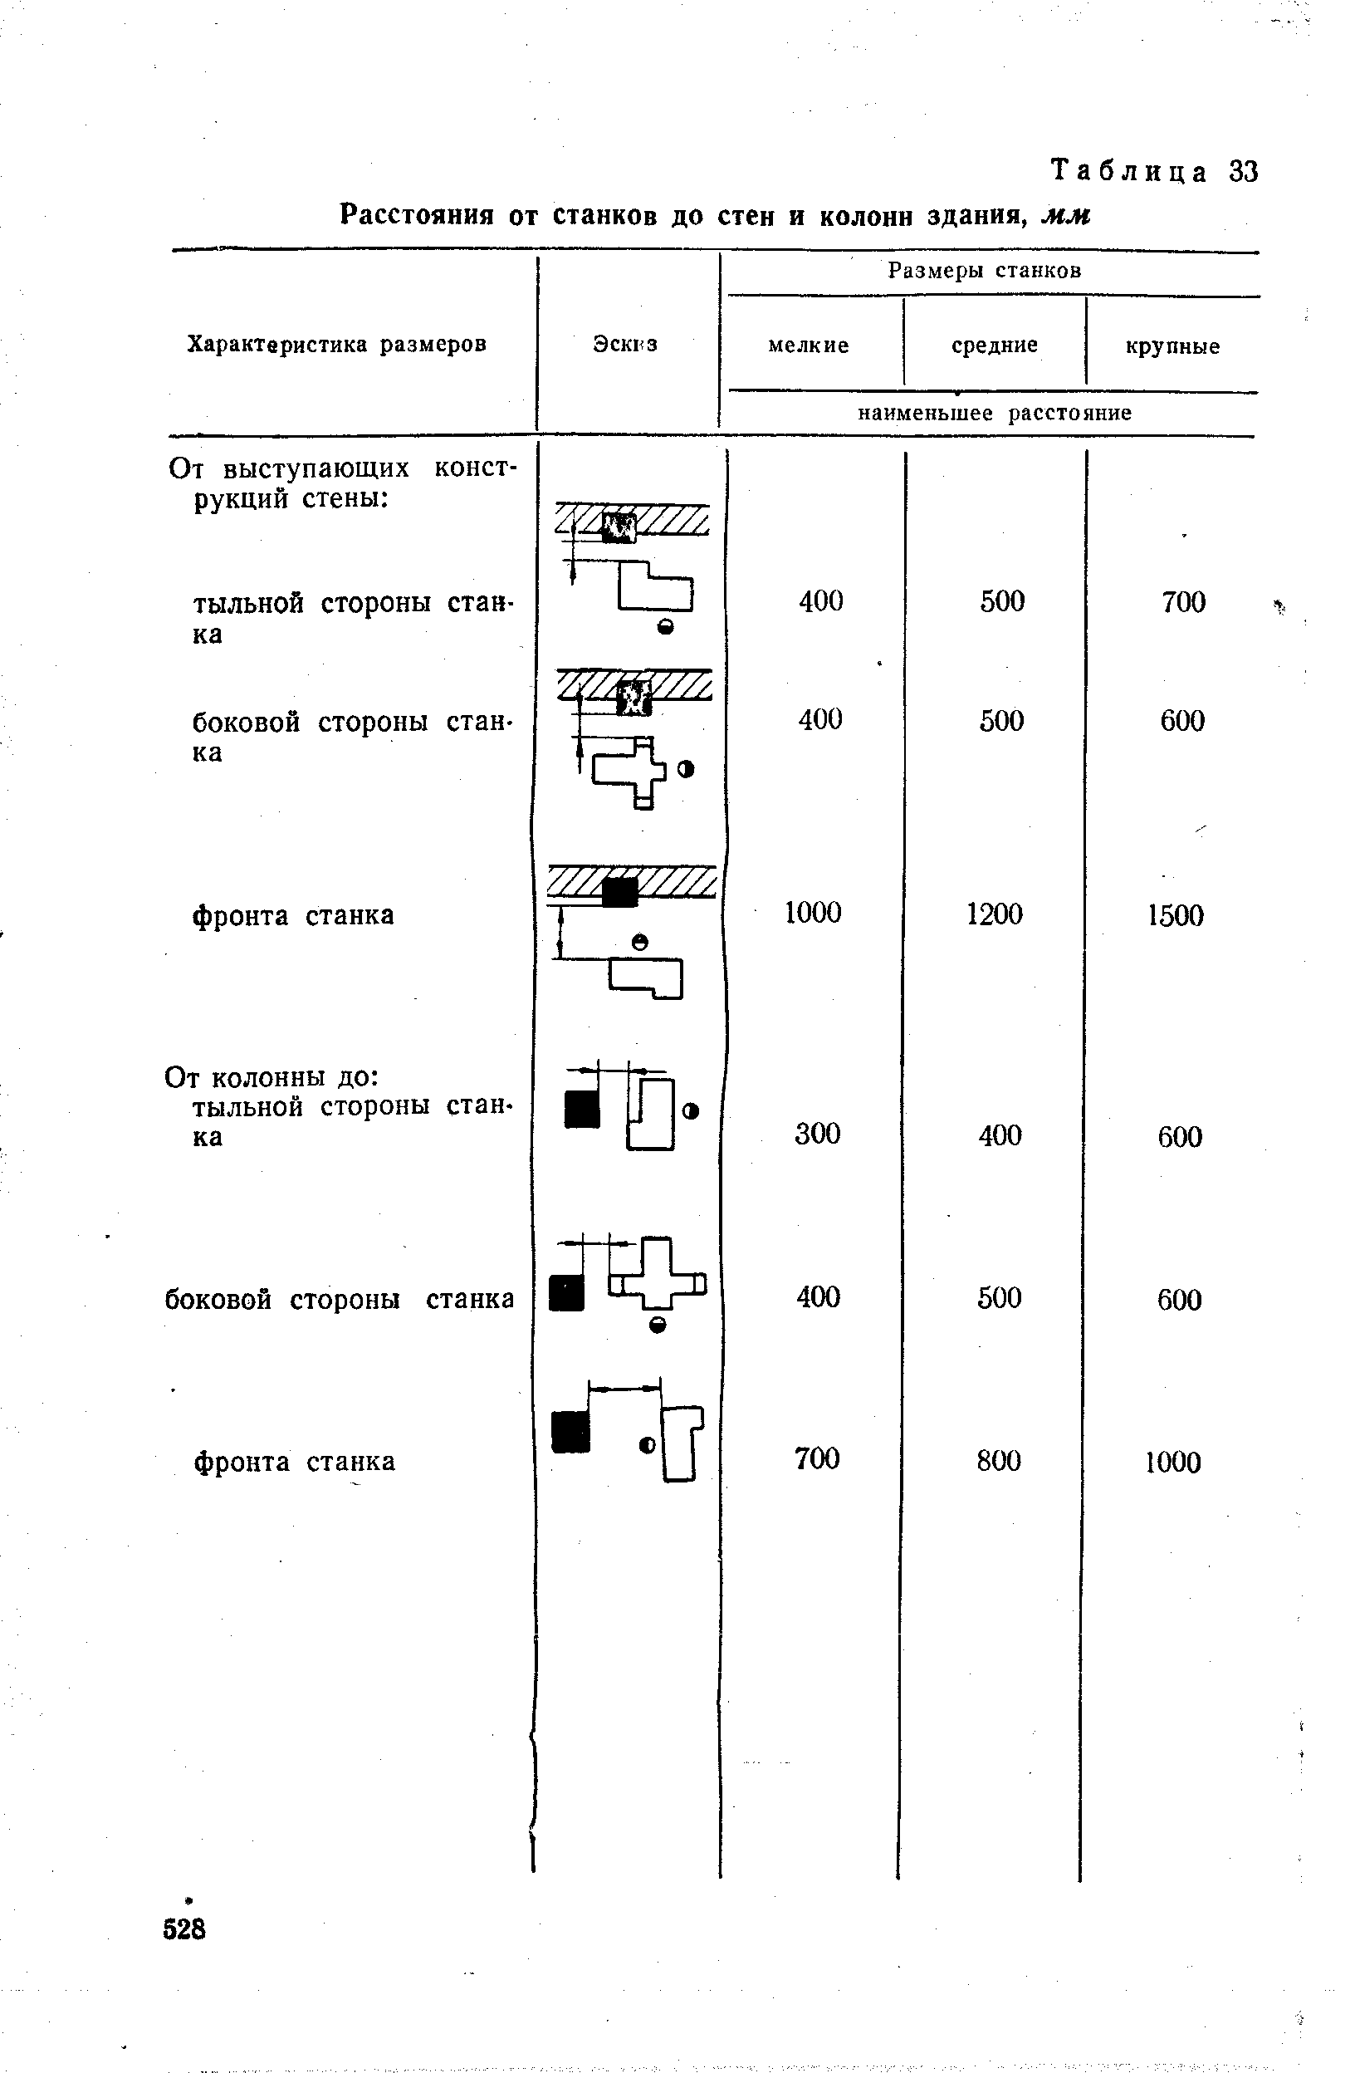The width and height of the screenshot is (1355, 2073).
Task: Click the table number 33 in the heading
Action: (x=1244, y=172)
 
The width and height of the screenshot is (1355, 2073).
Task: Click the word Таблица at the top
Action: (x=1129, y=172)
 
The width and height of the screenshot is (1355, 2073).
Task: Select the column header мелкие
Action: (x=808, y=345)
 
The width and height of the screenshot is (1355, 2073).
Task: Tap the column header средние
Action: (x=995, y=345)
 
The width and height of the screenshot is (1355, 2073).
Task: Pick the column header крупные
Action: (x=1172, y=346)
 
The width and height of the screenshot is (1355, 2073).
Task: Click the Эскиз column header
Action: (x=625, y=344)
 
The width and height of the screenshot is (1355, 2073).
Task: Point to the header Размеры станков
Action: (x=984, y=271)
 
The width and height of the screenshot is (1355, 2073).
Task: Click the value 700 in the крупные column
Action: (x=1183, y=602)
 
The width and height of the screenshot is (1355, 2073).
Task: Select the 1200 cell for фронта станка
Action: (x=995, y=914)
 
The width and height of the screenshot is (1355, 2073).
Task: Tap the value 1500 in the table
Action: (x=1176, y=915)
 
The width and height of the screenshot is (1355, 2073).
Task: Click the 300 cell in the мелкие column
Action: (x=818, y=1133)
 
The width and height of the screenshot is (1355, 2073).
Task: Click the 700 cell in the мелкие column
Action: (x=817, y=1459)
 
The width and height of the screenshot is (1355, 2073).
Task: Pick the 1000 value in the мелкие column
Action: (x=814, y=912)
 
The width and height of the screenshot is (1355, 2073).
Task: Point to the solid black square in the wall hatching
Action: (x=619, y=892)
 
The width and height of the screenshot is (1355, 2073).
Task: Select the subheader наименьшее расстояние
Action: (x=995, y=413)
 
